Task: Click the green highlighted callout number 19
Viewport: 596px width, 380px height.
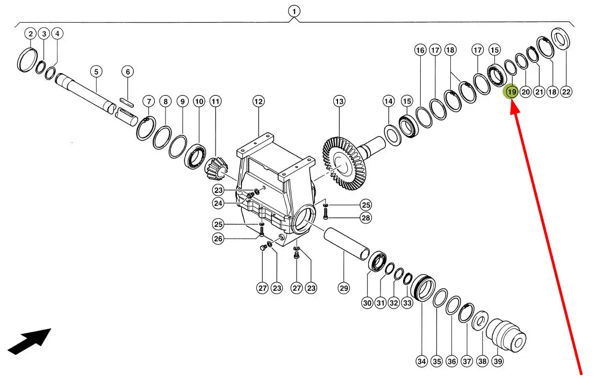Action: [512, 91]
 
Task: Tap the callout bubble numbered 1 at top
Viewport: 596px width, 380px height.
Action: [294, 11]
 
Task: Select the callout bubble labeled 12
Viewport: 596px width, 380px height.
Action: [258, 102]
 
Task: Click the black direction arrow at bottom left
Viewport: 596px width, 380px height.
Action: [29, 341]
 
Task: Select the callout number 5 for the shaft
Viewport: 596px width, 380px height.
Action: [96, 71]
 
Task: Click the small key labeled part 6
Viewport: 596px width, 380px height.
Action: [127, 101]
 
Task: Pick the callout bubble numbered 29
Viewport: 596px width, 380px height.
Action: [343, 288]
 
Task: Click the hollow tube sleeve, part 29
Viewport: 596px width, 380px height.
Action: [347, 244]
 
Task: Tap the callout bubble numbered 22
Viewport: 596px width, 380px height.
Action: [566, 91]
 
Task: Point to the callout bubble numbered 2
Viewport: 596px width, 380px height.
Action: [31, 33]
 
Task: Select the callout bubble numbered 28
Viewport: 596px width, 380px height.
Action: [365, 218]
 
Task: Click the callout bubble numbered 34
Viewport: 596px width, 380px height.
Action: [421, 361]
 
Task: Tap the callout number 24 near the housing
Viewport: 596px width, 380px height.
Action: [218, 203]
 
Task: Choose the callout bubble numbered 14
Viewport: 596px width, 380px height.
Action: [388, 102]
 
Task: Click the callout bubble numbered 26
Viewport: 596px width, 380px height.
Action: [218, 239]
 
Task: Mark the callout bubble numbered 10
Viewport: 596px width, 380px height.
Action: [199, 102]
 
